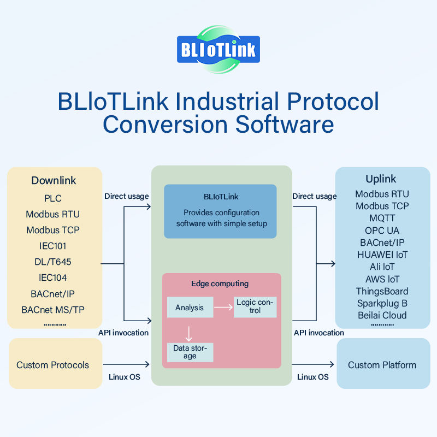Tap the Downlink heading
[54, 180]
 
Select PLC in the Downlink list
[54, 198]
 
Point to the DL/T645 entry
[53, 262]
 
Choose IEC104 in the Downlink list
[53, 277]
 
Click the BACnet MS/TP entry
[53, 310]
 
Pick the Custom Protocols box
[53, 365]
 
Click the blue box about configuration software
[220, 211]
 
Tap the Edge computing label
[220, 284]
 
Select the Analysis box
[190, 308]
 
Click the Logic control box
[255, 306]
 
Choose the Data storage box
[190, 352]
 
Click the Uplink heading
[381, 179]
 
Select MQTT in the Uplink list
[382, 218]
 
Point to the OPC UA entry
[382, 230]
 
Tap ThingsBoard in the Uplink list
[382, 291]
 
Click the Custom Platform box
[382, 365]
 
